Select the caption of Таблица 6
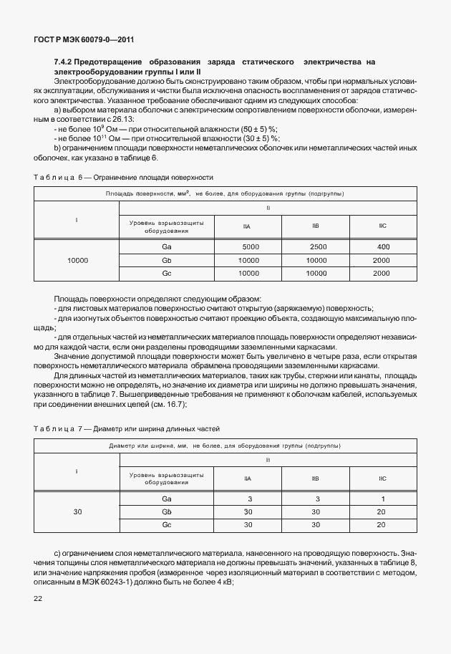[123, 176]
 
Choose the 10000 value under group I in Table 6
[77, 260]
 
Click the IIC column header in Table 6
[382, 226]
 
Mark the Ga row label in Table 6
[166, 246]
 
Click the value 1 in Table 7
[382, 499]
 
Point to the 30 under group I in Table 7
[77, 511]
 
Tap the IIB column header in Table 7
[316, 477]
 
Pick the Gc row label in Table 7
[166, 525]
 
